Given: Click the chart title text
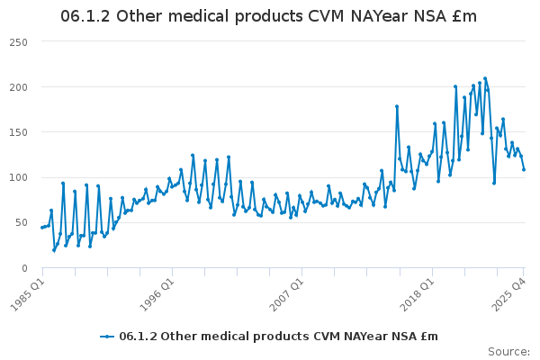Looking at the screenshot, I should tap(268, 17).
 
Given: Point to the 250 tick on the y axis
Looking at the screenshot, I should tap(19, 42).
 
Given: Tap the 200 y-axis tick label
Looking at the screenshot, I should tap(19, 87).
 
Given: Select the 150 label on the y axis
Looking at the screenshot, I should tap(19, 132).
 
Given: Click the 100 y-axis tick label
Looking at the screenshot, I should tap(19, 177).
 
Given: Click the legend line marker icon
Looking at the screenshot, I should tap(107, 337).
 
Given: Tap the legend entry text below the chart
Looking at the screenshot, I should tap(278, 337).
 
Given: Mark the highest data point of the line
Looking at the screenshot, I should tap(485, 78).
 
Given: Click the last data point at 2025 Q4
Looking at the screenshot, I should tap(524, 169).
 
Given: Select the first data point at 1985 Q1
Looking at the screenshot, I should tap(42, 228).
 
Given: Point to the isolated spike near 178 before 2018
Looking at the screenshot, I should tap(396, 106).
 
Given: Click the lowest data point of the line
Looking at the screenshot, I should tap(54, 250).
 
